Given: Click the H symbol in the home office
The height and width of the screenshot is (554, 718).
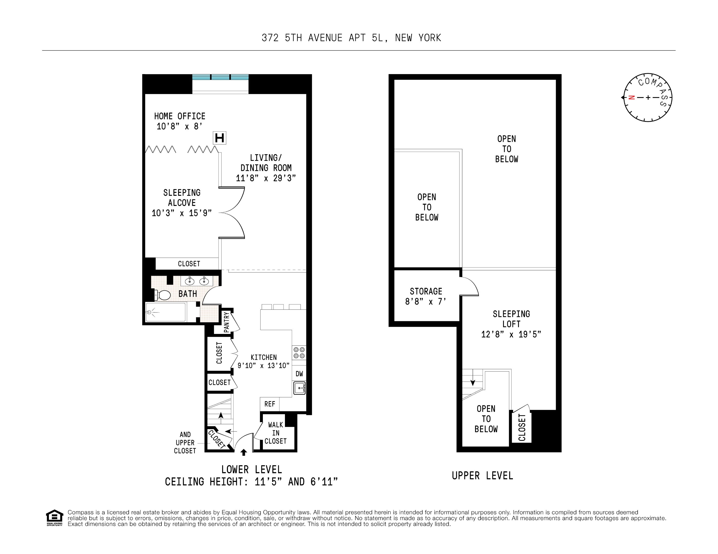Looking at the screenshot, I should (219, 138).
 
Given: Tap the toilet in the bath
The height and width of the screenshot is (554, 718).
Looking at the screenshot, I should (163, 295).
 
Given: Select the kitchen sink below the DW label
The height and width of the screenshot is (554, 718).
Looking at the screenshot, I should (299, 388).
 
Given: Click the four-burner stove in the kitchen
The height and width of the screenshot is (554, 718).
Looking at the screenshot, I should (299, 353).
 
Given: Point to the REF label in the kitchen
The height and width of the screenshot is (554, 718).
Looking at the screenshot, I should (270, 404).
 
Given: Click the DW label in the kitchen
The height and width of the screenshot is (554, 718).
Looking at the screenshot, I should (299, 374).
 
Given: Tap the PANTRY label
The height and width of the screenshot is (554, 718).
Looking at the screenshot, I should (226, 322).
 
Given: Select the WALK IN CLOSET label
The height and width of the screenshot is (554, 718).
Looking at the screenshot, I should (275, 433).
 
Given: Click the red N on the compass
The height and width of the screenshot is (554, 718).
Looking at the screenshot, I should (631, 97).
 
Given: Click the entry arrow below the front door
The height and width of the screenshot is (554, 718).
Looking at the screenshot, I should (244, 452).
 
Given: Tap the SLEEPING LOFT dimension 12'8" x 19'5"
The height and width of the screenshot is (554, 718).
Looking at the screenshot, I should (511, 334).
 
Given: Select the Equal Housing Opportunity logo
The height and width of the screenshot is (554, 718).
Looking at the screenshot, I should (54, 518).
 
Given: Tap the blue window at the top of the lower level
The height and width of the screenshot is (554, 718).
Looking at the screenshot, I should (220, 77).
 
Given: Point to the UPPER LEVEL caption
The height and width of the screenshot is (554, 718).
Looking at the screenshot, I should (482, 476).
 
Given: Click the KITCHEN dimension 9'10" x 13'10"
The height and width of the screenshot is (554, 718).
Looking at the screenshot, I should (263, 365).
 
